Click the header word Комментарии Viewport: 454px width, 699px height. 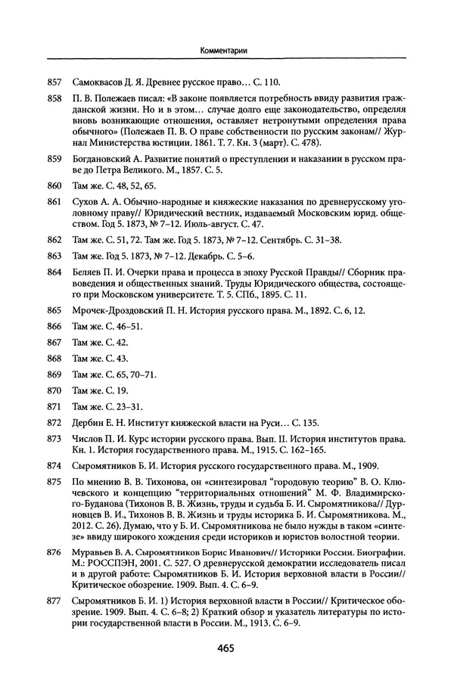click(x=226, y=51)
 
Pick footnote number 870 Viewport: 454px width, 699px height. click(x=53, y=390)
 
